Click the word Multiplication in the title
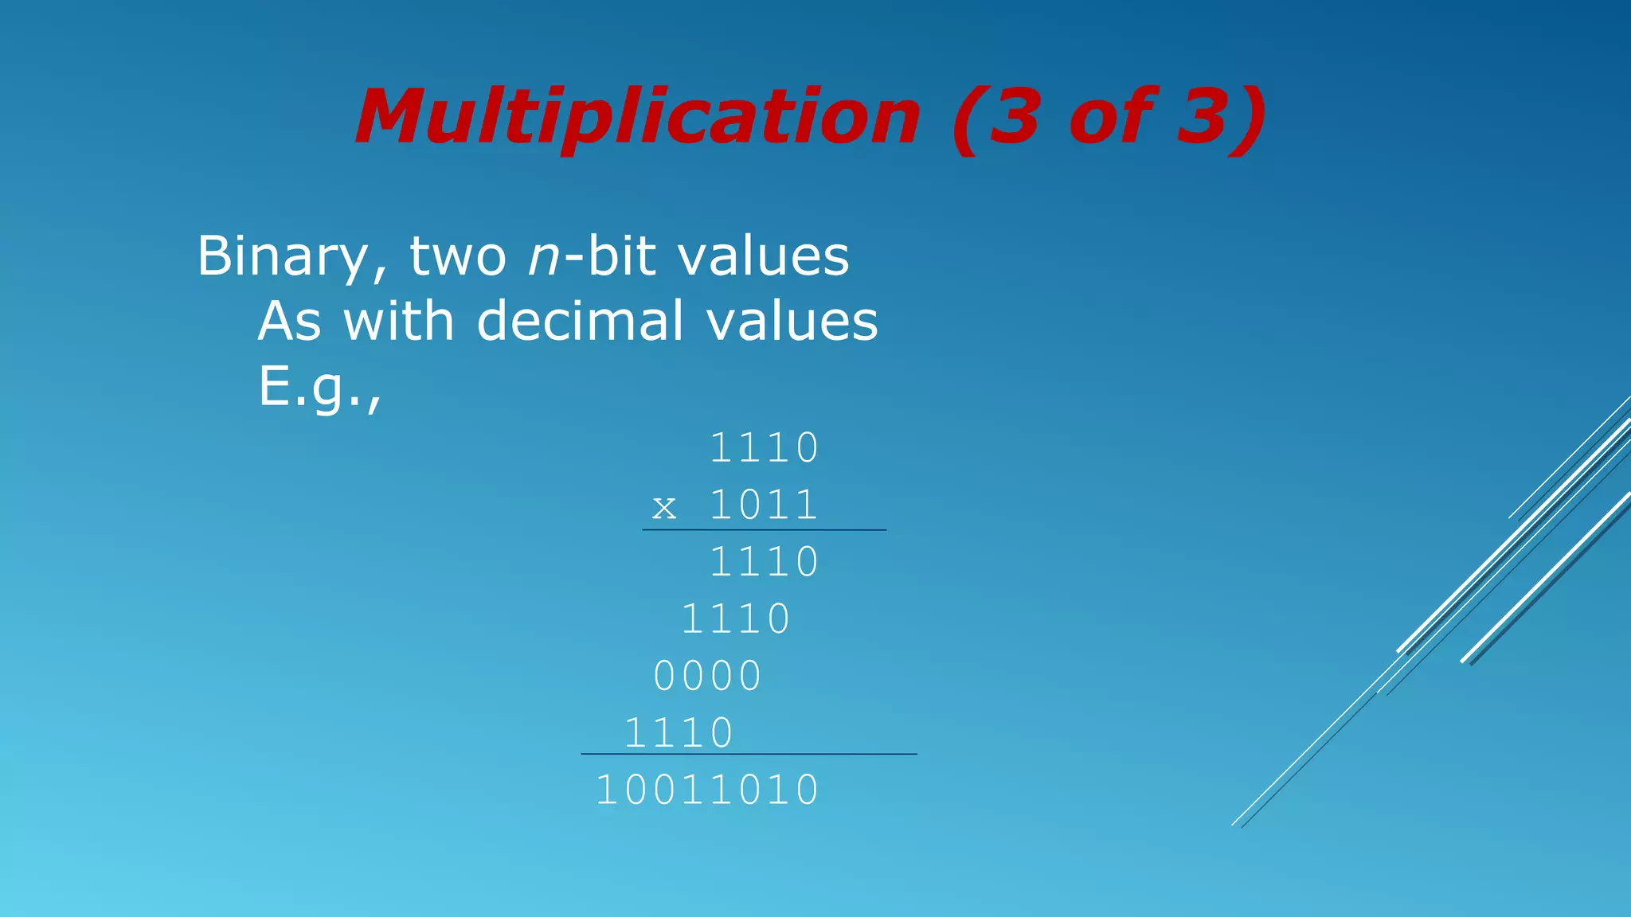click(x=638, y=118)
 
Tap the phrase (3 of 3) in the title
click(x=1109, y=118)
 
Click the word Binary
click(x=283, y=257)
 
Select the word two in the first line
click(x=458, y=257)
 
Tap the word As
click(x=289, y=322)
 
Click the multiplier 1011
click(x=764, y=505)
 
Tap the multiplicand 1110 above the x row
click(x=764, y=448)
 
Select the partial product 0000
click(x=707, y=677)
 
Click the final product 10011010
click(x=707, y=791)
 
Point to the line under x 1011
click(x=764, y=529)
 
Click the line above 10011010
click(x=749, y=754)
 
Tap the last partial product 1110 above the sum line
click(x=678, y=733)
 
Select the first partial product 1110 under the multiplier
click(x=764, y=563)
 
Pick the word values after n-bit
click(x=763, y=257)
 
